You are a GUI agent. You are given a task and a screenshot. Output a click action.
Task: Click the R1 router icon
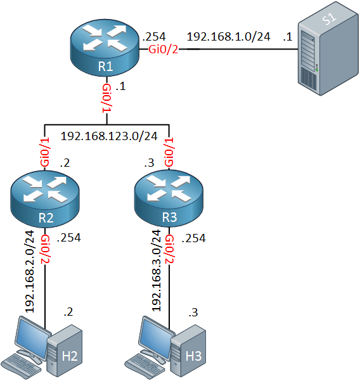pyautogui.click(x=105, y=48)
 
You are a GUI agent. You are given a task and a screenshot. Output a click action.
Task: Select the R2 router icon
pyautogui.click(x=45, y=199)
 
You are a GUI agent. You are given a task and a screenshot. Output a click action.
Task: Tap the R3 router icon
pyautogui.click(x=169, y=198)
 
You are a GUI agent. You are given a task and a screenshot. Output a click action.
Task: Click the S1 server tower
pyautogui.click(x=328, y=48)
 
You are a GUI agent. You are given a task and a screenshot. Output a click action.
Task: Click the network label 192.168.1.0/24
pyautogui.click(x=228, y=37)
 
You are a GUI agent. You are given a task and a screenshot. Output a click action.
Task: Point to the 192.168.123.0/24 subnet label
pyautogui.click(x=109, y=136)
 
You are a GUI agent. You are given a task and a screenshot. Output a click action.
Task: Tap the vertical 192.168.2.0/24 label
pyautogui.click(x=30, y=271)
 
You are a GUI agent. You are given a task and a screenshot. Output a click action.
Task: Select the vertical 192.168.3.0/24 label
pyautogui.click(x=157, y=271)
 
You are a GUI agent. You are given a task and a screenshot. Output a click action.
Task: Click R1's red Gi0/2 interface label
pyautogui.click(x=163, y=49)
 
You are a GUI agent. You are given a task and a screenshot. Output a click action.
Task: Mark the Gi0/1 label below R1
pyautogui.click(x=106, y=98)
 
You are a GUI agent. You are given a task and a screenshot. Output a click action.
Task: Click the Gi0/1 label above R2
pyautogui.click(x=45, y=152)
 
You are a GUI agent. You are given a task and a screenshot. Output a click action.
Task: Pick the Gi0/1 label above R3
pyautogui.click(x=169, y=152)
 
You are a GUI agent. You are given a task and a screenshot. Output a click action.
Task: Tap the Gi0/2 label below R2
pyautogui.click(x=46, y=249)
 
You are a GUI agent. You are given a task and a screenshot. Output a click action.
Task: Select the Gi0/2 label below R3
pyautogui.click(x=169, y=249)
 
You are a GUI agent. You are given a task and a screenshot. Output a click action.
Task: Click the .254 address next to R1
pyautogui.click(x=154, y=37)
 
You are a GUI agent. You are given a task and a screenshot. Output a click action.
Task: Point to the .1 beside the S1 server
pyautogui.click(x=287, y=37)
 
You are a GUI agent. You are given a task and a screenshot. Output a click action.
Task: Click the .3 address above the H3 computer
pyautogui.click(x=193, y=313)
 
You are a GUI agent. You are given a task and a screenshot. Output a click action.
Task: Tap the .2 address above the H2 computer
pyautogui.click(x=68, y=312)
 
